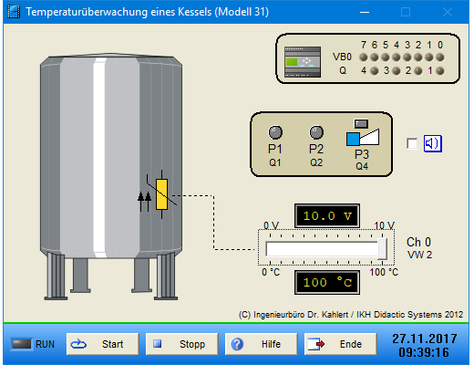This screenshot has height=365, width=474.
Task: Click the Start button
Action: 103,344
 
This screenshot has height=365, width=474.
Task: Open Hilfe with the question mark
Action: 262,344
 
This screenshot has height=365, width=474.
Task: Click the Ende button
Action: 341,344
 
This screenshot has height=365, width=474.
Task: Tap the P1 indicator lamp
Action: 275,132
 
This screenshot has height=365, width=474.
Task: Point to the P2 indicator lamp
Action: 316,132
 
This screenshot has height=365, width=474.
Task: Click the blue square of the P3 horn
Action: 353,139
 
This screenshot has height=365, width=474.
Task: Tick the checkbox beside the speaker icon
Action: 412,143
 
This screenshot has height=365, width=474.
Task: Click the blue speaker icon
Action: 433,143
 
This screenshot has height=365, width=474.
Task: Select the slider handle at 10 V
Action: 382,249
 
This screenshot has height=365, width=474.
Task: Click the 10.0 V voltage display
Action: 327,216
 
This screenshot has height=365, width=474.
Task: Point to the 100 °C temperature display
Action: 327,283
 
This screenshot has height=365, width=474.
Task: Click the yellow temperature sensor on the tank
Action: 161,194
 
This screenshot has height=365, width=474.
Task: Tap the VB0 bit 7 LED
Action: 364,57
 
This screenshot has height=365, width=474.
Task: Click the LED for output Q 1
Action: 440,71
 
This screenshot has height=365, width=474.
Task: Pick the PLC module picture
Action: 303,62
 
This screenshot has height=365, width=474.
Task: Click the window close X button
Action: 448,12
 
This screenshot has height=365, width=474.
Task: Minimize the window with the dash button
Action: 365,13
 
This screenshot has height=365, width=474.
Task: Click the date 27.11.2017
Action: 425,339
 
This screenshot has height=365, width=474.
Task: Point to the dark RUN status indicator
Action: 21,344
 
